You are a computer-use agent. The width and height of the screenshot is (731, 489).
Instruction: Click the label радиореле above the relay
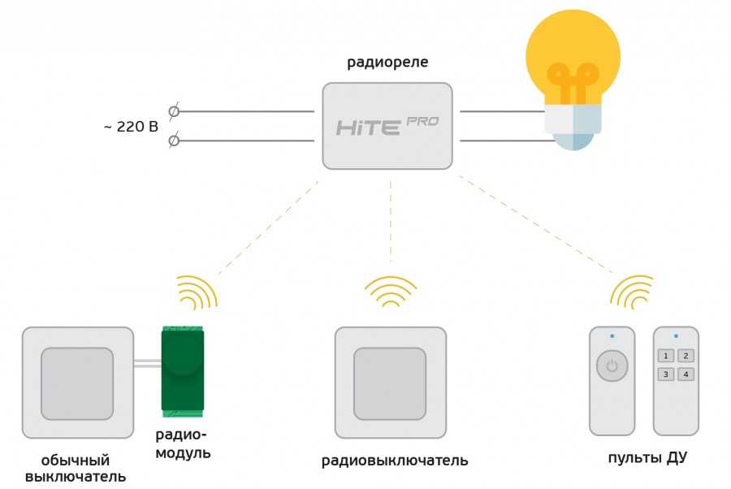pos(387,63)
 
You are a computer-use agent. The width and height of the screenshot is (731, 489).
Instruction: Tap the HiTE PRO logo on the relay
pos(387,126)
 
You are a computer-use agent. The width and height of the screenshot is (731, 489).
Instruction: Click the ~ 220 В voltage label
pos(130,128)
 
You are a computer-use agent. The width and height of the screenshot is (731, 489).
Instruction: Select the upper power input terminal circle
pos(173,111)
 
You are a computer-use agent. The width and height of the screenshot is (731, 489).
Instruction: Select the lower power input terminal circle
pos(173,141)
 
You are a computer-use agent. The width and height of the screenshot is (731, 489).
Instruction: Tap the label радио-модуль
pos(184,444)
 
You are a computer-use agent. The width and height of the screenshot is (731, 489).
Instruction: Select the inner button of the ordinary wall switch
pos(77,383)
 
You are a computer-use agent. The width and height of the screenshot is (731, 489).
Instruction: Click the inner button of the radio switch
pos(390,383)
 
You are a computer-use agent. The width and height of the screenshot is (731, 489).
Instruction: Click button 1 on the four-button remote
pos(665,356)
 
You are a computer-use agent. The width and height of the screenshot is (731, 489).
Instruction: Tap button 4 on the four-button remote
pos(686,374)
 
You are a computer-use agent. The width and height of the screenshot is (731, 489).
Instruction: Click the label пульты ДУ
pos(647,458)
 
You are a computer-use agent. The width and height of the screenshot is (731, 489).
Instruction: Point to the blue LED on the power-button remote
pos(612,335)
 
